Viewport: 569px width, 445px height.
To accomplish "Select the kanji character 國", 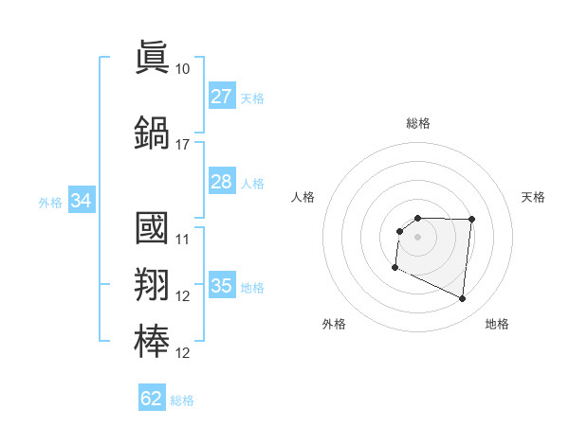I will [153, 228].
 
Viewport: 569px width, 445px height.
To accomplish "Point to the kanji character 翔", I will [153, 284].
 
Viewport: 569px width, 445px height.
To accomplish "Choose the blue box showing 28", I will [221, 182].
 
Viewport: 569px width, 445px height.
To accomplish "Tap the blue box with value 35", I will [221, 286].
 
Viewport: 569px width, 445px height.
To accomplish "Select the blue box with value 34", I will [81, 201].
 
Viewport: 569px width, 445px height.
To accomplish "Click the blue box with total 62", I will [152, 399].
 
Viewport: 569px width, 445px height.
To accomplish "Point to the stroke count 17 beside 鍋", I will [182, 145].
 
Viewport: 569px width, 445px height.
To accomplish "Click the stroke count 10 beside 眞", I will [182, 69].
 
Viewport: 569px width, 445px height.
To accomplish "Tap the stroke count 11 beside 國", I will [182, 240].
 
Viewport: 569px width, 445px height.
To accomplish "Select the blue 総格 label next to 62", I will [182, 400].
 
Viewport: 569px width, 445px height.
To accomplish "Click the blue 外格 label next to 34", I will [50, 202].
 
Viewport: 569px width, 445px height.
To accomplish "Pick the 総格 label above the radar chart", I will [418, 123].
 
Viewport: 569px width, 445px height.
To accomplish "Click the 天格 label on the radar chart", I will [533, 197].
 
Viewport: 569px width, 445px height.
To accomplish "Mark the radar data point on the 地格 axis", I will [463, 299].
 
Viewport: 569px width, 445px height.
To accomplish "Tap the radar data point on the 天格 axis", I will [472, 220].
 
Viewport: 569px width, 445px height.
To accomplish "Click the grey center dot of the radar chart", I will [418, 237].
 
